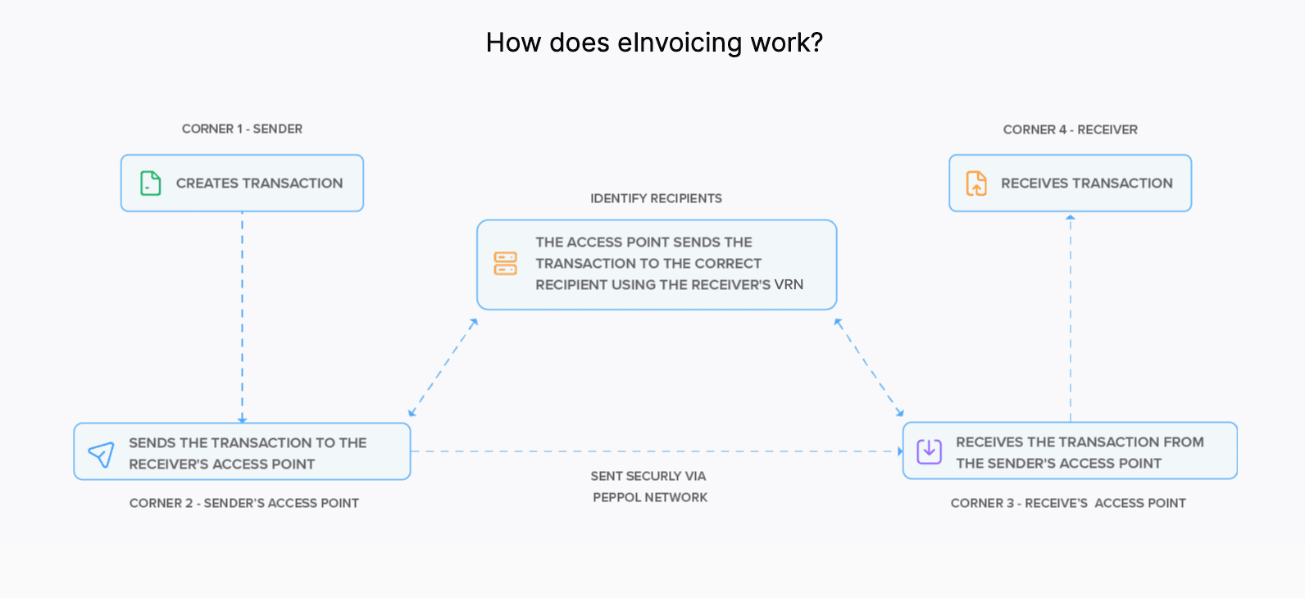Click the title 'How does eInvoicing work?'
click(653, 43)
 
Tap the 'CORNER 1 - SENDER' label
click(242, 129)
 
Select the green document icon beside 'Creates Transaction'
click(150, 183)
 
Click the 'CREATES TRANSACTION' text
click(259, 183)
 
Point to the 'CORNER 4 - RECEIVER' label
click(1070, 129)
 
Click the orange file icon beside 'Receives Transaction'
click(976, 183)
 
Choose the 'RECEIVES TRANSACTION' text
click(1086, 183)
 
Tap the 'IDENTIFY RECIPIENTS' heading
click(656, 198)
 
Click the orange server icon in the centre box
click(505, 263)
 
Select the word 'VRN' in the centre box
click(789, 284)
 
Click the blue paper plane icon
click(101, 454)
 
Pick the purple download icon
click(929, 451)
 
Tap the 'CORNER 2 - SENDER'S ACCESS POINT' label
click(243, 503)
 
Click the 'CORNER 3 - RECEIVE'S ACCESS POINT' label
click(1067, 503)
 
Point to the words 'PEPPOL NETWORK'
click(650, 497)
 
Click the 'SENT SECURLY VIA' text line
click(648, 476)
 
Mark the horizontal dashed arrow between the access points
click(656, 451)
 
